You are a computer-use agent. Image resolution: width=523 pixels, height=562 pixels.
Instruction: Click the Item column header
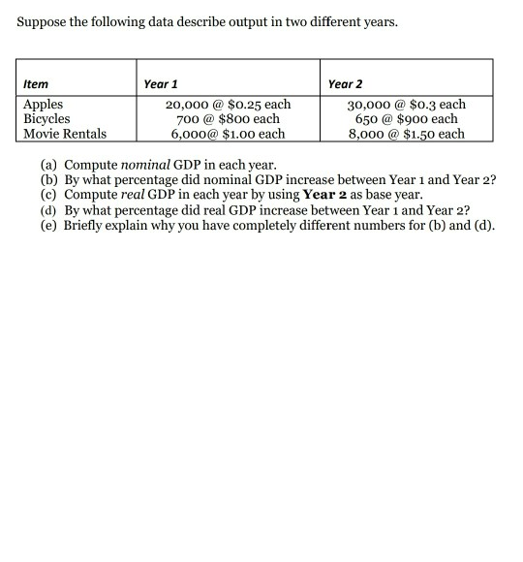[36, 84]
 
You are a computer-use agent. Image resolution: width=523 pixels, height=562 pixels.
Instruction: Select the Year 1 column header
[160, 84]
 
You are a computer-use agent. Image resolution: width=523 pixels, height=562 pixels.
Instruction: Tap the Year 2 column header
[346, 84]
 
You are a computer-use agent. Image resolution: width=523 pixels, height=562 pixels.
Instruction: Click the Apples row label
[43, 105]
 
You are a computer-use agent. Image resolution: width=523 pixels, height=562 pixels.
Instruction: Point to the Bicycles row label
[46, 119]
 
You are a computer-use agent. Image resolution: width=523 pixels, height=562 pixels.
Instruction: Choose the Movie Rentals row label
[65, 134]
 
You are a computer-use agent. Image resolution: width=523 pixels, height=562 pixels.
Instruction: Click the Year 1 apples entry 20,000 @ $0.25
[228, 105]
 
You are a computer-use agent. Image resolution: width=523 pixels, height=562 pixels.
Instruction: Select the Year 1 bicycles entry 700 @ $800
[228, 119]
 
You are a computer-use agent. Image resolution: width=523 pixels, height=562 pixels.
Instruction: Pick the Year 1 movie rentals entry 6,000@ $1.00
[228, 134]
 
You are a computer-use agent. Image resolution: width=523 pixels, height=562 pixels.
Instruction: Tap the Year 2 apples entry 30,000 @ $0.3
[407, 105]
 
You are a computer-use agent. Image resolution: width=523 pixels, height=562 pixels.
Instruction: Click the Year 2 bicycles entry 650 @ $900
[407, 119]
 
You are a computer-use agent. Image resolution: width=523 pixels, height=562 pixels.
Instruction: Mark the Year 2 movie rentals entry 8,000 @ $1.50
[407, 134]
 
